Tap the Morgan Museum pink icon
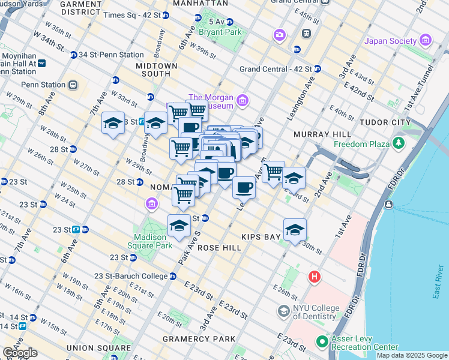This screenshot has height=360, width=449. pyautogui.click(x=243, y=100)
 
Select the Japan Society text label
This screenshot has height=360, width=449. pyautogui.click(x=390, y=41)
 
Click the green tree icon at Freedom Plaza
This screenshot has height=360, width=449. pyautogui.click(x=397, y=143)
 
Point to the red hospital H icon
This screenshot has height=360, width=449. pyautogui.click(x=314, y=277)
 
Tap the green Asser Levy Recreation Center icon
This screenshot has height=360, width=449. pyautogui.click(x=322, y=343)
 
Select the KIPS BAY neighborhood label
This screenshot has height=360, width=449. pyautogui.click(x=262, y=238)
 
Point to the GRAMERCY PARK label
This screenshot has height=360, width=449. pyautogui.click(x=199, y=339)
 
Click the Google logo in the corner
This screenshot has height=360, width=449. pyautogui.click(x=20, y=353)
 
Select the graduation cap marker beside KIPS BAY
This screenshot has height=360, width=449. pyautogui.click(x=295, y=229)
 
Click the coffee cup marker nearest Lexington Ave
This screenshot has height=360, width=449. pyautogui.click(x=244, y=187)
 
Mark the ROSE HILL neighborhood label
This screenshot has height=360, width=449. pyautogui.click(x=215, y=247)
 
